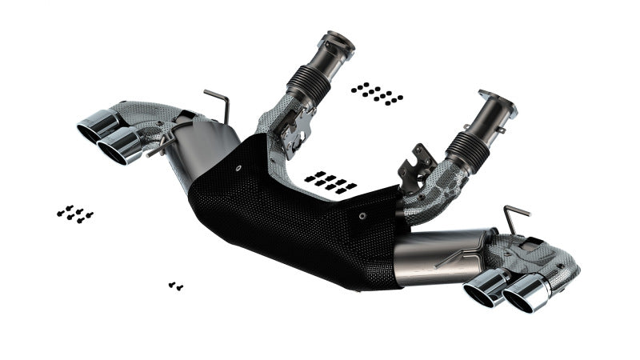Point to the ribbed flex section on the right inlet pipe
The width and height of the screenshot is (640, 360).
pyautogui.click(x=470, y=149)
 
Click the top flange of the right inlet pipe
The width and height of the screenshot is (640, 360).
pyautogui.click(x=498, y=104)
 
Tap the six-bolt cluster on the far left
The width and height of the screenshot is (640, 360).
pyautogui.click(x=75, y=214)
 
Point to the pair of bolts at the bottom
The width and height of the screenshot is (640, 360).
pyautogui.click(x=176, y=285)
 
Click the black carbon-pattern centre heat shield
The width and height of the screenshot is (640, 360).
pyautogui.click(x=296, y=216)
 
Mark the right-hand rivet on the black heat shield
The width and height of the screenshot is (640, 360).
pyautogui.click(x=362, y=215)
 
